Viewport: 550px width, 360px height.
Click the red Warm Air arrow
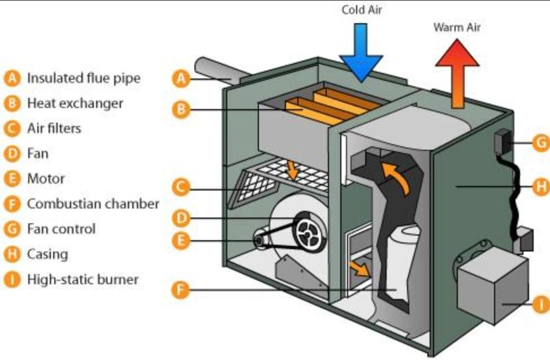tap(457, 71)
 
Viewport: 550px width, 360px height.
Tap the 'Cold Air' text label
tap(362, 10)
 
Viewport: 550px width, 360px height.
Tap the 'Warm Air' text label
tap(457, 27)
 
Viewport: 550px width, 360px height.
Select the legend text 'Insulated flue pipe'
tap(84, 78)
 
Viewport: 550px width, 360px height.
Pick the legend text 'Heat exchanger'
tap(75, 103)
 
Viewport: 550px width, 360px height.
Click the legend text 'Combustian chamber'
tap(93, 204)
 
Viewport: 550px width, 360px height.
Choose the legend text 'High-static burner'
tap(83, 279)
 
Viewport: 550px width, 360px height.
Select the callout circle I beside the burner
tap(541, 305)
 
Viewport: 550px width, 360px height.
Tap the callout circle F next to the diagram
tap(180, 290)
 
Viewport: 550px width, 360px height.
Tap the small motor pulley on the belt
tap(260, 241)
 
